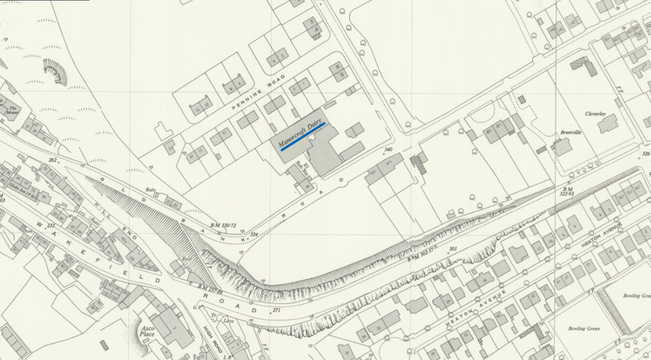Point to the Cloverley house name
pos(595,114)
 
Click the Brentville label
pos(571,133)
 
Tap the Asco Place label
pos(147,331)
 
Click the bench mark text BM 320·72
pos(223,226)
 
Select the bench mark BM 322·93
pos(567,191)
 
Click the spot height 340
pos(388,149)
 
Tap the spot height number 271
pos(276,310)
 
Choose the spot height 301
pos(453,249)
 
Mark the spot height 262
pos(52,160)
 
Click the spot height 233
pos(51,225)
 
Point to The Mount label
pos(12,110)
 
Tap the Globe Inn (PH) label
pos(21,188)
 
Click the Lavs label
pos(228,320)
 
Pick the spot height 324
pos(254,235)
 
